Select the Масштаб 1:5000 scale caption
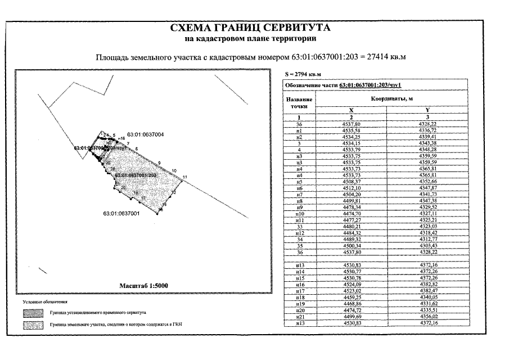(144, 286)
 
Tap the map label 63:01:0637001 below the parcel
(121, 213)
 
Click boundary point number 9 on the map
(159, 163)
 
